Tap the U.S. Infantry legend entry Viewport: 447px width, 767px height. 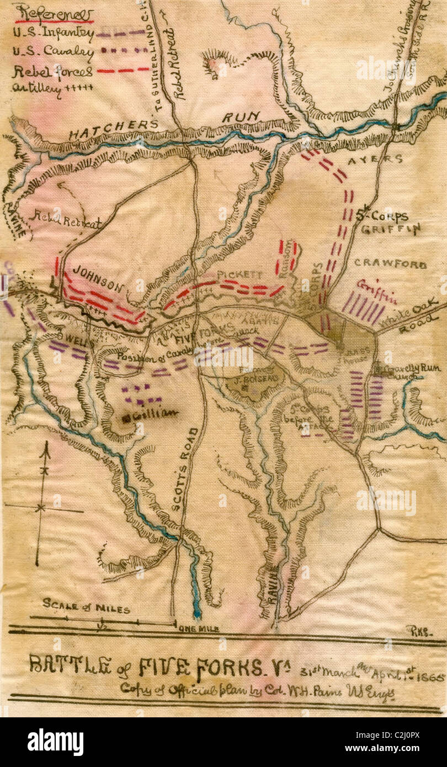tap(54, 33)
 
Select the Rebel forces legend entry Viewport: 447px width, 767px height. tap(54, 71)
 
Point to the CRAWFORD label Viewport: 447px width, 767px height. tap(390, 264)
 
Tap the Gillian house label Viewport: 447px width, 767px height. tap(152, 412)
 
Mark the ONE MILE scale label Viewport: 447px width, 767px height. tap(196, 628)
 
